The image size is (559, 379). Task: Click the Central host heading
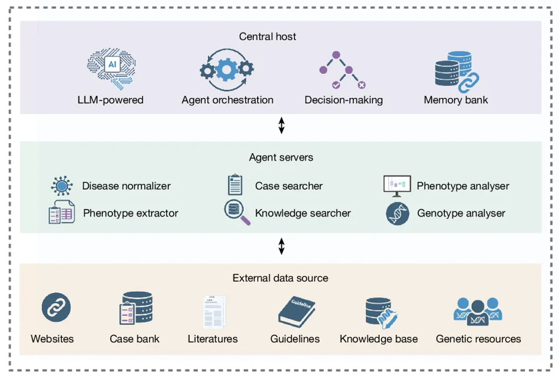[267, 37]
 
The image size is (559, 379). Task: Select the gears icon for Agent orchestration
[227, 70]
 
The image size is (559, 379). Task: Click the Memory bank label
[456, 101]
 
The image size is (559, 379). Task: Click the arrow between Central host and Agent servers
[281, 126]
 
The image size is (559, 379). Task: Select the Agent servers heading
[281, 158]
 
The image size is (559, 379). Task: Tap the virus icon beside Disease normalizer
[61, 186]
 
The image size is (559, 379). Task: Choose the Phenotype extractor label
[130, 214]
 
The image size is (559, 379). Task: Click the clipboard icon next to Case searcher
[235, 185]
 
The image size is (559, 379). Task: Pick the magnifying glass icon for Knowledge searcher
[236, 213]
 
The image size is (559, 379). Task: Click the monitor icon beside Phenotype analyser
[397, 186]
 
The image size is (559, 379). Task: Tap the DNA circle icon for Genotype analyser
[397, 214]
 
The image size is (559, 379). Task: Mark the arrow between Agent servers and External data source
[281, 246]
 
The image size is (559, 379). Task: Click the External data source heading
[280, 278]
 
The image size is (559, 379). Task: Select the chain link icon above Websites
[56, 307]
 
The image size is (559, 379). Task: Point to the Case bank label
[134, 339]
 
